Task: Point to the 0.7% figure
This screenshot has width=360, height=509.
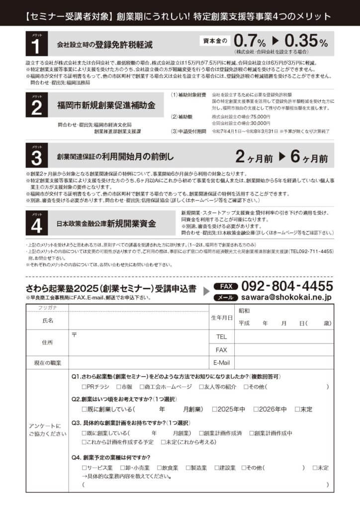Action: click(250, 41)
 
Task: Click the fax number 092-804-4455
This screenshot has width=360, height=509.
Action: click(287, 287)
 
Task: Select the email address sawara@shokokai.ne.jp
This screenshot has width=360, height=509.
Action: click(287, 297)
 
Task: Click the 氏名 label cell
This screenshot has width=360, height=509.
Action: click(48, 321)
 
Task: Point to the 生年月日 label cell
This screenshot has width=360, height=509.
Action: click(221, 317)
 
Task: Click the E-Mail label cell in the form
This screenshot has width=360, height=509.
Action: click(221, 362)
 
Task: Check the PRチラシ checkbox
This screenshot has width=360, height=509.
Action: click(85, 386)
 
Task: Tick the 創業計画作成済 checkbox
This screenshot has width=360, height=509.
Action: click(202, 433)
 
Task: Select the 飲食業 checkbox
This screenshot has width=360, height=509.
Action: click(159, 468)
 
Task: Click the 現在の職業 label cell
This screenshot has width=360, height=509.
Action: click(48, 363)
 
